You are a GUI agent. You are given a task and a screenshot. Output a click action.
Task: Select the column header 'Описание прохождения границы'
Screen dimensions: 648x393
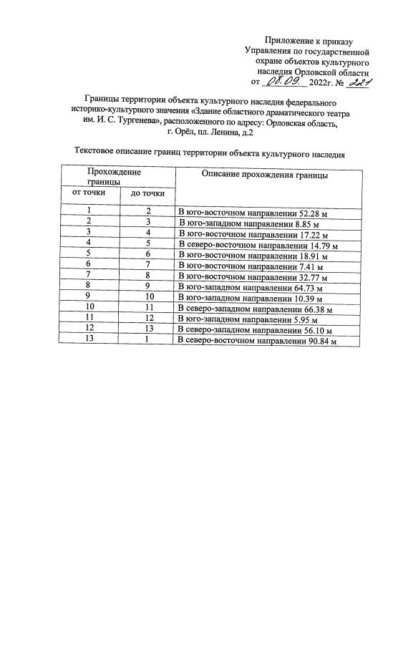click(265, 174)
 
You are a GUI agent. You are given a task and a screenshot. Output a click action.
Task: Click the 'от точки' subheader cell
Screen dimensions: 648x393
click(89, 193)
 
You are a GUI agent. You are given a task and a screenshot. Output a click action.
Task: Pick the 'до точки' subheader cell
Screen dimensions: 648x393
click(148, 193)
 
